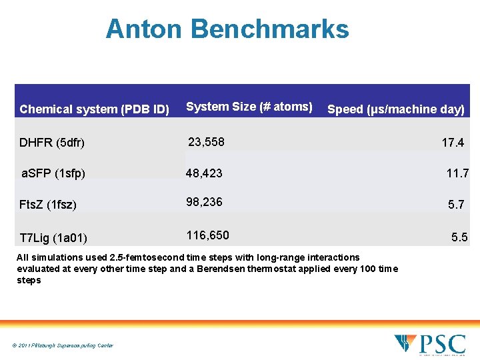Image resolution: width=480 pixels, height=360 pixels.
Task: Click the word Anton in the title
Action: click(x=143, y=29)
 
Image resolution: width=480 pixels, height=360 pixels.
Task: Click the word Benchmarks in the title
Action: click(x=269, y=29)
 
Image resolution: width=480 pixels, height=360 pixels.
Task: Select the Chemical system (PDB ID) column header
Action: click(x=95, y=109)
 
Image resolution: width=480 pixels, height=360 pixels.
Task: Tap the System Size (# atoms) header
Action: click(x=249, y=107)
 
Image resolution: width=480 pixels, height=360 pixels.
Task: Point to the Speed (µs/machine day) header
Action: click(x=396, y=109)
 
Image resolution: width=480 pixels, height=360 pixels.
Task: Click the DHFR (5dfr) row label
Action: click(x=52, y=143)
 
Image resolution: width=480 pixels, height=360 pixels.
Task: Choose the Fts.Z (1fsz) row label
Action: click(x=48, y=205)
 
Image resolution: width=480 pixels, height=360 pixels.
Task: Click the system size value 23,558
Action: click(x=207, y=141)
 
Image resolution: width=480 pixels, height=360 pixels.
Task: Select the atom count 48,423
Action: click(x=204, y=173)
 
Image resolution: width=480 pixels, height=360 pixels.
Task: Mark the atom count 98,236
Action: click(x=204, y=202)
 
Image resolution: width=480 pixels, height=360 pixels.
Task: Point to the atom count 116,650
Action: click(x=207, y=235)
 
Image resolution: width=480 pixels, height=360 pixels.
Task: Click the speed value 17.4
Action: click(x=453, y=143)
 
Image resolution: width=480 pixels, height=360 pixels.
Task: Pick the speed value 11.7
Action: click(x=457, y=173)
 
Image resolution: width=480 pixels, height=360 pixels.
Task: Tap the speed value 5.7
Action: click(x=456, y=205)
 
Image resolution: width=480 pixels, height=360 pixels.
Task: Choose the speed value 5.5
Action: click(x=459, y=237)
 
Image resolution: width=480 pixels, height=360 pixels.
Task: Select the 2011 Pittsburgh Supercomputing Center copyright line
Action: click(x=63, y=345)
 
